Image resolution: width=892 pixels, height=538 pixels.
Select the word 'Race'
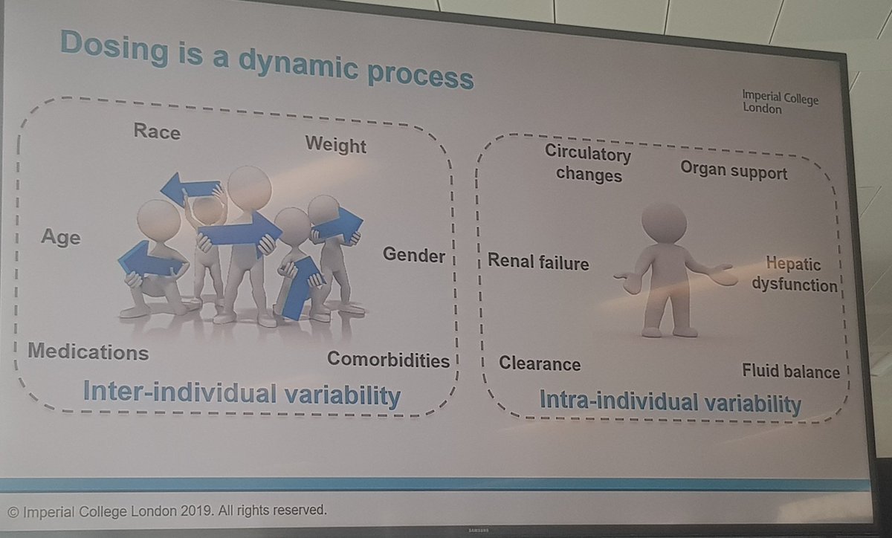point(157,132)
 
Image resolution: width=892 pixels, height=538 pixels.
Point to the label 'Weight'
point(336,144)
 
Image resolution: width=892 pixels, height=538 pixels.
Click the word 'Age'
point(60,238)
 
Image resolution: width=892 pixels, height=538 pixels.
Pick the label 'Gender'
point(414,256)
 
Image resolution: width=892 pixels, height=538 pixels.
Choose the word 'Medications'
point(88,351)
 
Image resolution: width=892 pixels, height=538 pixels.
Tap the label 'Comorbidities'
point(389,360)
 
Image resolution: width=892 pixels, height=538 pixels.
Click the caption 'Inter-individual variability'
point(241,393)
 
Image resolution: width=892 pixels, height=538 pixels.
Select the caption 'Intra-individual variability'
point(669,403)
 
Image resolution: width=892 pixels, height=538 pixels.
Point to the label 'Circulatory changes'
point(587,163)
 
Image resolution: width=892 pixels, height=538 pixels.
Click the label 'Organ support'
point(734,172)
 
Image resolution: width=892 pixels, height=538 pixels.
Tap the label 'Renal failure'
point(538,262)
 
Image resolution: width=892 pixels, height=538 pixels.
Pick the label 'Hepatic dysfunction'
point(795,274)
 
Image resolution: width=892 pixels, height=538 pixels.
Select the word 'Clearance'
point(540,363)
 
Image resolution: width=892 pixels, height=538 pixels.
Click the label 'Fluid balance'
point(791,371)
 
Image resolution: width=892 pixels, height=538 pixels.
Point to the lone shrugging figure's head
point(663,221)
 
